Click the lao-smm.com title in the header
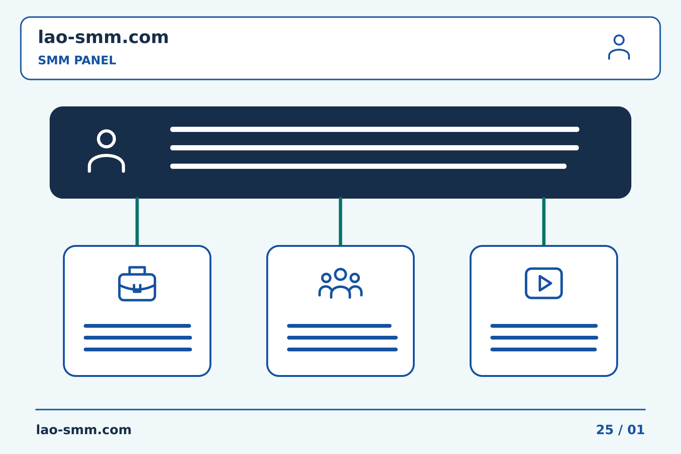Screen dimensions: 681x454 [103, 37]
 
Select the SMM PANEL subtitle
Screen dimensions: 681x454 [77, 60]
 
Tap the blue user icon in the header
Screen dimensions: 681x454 [619, 47]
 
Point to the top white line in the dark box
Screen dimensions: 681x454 [375, 129]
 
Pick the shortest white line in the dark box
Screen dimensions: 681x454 [368, 166]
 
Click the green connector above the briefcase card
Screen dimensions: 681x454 [137, 221]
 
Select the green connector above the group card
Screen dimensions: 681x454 [340, 221]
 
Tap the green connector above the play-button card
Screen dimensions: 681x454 [544, 221]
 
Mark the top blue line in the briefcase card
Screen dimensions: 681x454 [138, 326]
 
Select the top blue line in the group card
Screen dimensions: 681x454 [339, 326]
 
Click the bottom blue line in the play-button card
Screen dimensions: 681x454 [543, 349]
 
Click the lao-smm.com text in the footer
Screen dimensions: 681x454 [84, 430]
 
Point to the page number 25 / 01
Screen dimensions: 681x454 [620, 430]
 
